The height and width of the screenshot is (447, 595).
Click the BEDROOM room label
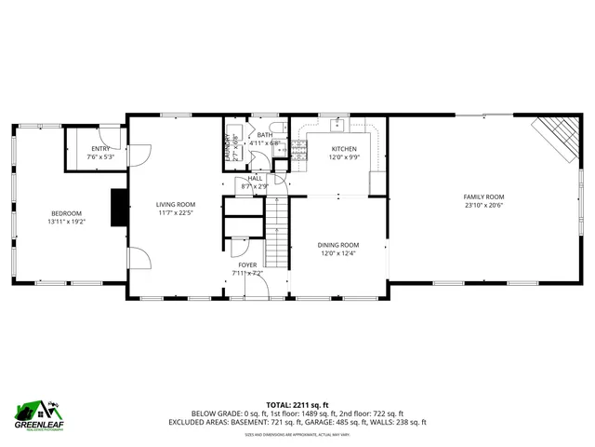66,212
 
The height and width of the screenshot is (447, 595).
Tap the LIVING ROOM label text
175,204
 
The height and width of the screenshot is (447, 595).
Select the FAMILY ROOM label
483,196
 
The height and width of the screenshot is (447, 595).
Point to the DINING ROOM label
339,245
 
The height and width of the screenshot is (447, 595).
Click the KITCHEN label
345,149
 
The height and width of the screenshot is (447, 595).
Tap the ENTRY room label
99,149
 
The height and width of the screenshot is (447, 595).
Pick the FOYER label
246,265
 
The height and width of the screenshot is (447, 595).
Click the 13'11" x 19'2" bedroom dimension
66,222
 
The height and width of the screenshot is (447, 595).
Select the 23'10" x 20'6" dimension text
483,206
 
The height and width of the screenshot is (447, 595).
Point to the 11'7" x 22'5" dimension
175,212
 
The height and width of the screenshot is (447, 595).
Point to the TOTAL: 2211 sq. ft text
297,404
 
